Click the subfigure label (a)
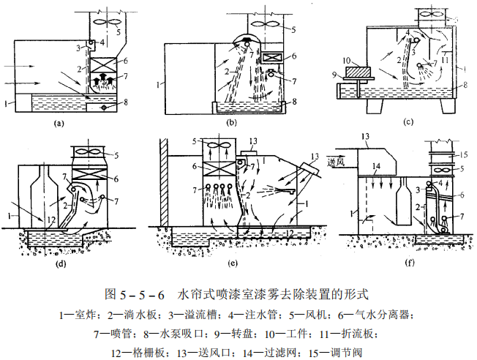(x=61, y=124)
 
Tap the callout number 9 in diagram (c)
(x=336, y=74)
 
